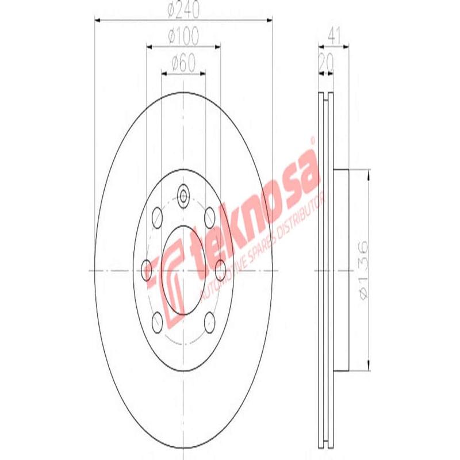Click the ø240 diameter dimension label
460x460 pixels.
183,10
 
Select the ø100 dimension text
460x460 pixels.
183,37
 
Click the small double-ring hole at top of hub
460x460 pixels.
183,195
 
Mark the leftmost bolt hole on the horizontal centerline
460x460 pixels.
147,267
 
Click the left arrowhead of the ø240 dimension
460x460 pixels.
98,20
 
